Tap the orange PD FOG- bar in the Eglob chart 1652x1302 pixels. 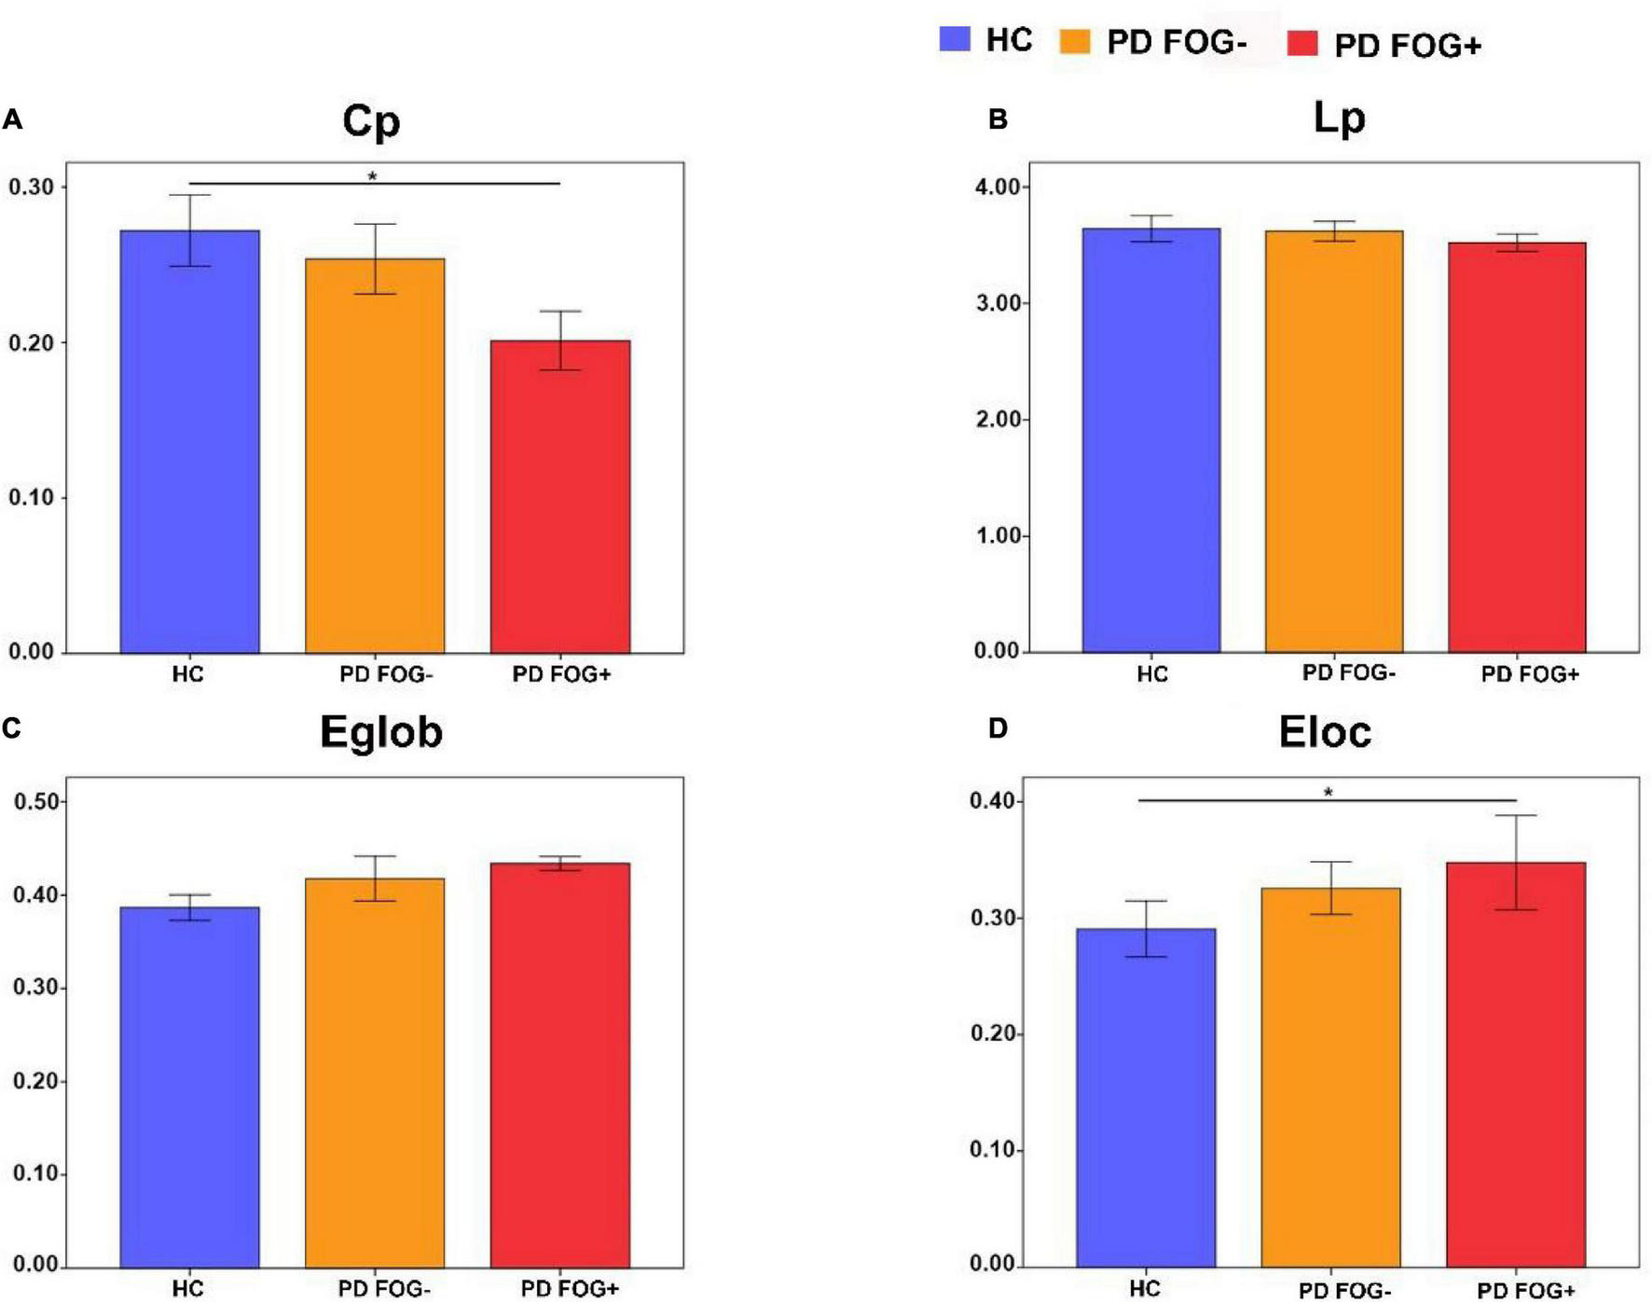(375, 1073)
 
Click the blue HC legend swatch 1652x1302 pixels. (955, 39)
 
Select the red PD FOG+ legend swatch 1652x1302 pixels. (1302, 43)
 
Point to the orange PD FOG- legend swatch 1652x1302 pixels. (1075, 41)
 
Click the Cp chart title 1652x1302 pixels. (371, 120)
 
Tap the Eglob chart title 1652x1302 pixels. (380, 732)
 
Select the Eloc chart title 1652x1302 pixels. (1325, 732)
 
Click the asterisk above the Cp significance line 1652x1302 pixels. (372, 176)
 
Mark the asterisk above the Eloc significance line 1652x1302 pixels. (1328, 793)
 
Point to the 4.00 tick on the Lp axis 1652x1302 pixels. (997, 187)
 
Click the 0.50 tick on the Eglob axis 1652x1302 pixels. (35, 801)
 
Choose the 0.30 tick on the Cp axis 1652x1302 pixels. (32, 187)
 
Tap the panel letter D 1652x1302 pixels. (998, 728)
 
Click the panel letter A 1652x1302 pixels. (12, 119)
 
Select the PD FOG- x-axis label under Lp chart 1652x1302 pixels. (1348, 672)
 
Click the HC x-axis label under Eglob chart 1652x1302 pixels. (187, 1288)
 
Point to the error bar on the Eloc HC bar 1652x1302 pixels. (1146, 928)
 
